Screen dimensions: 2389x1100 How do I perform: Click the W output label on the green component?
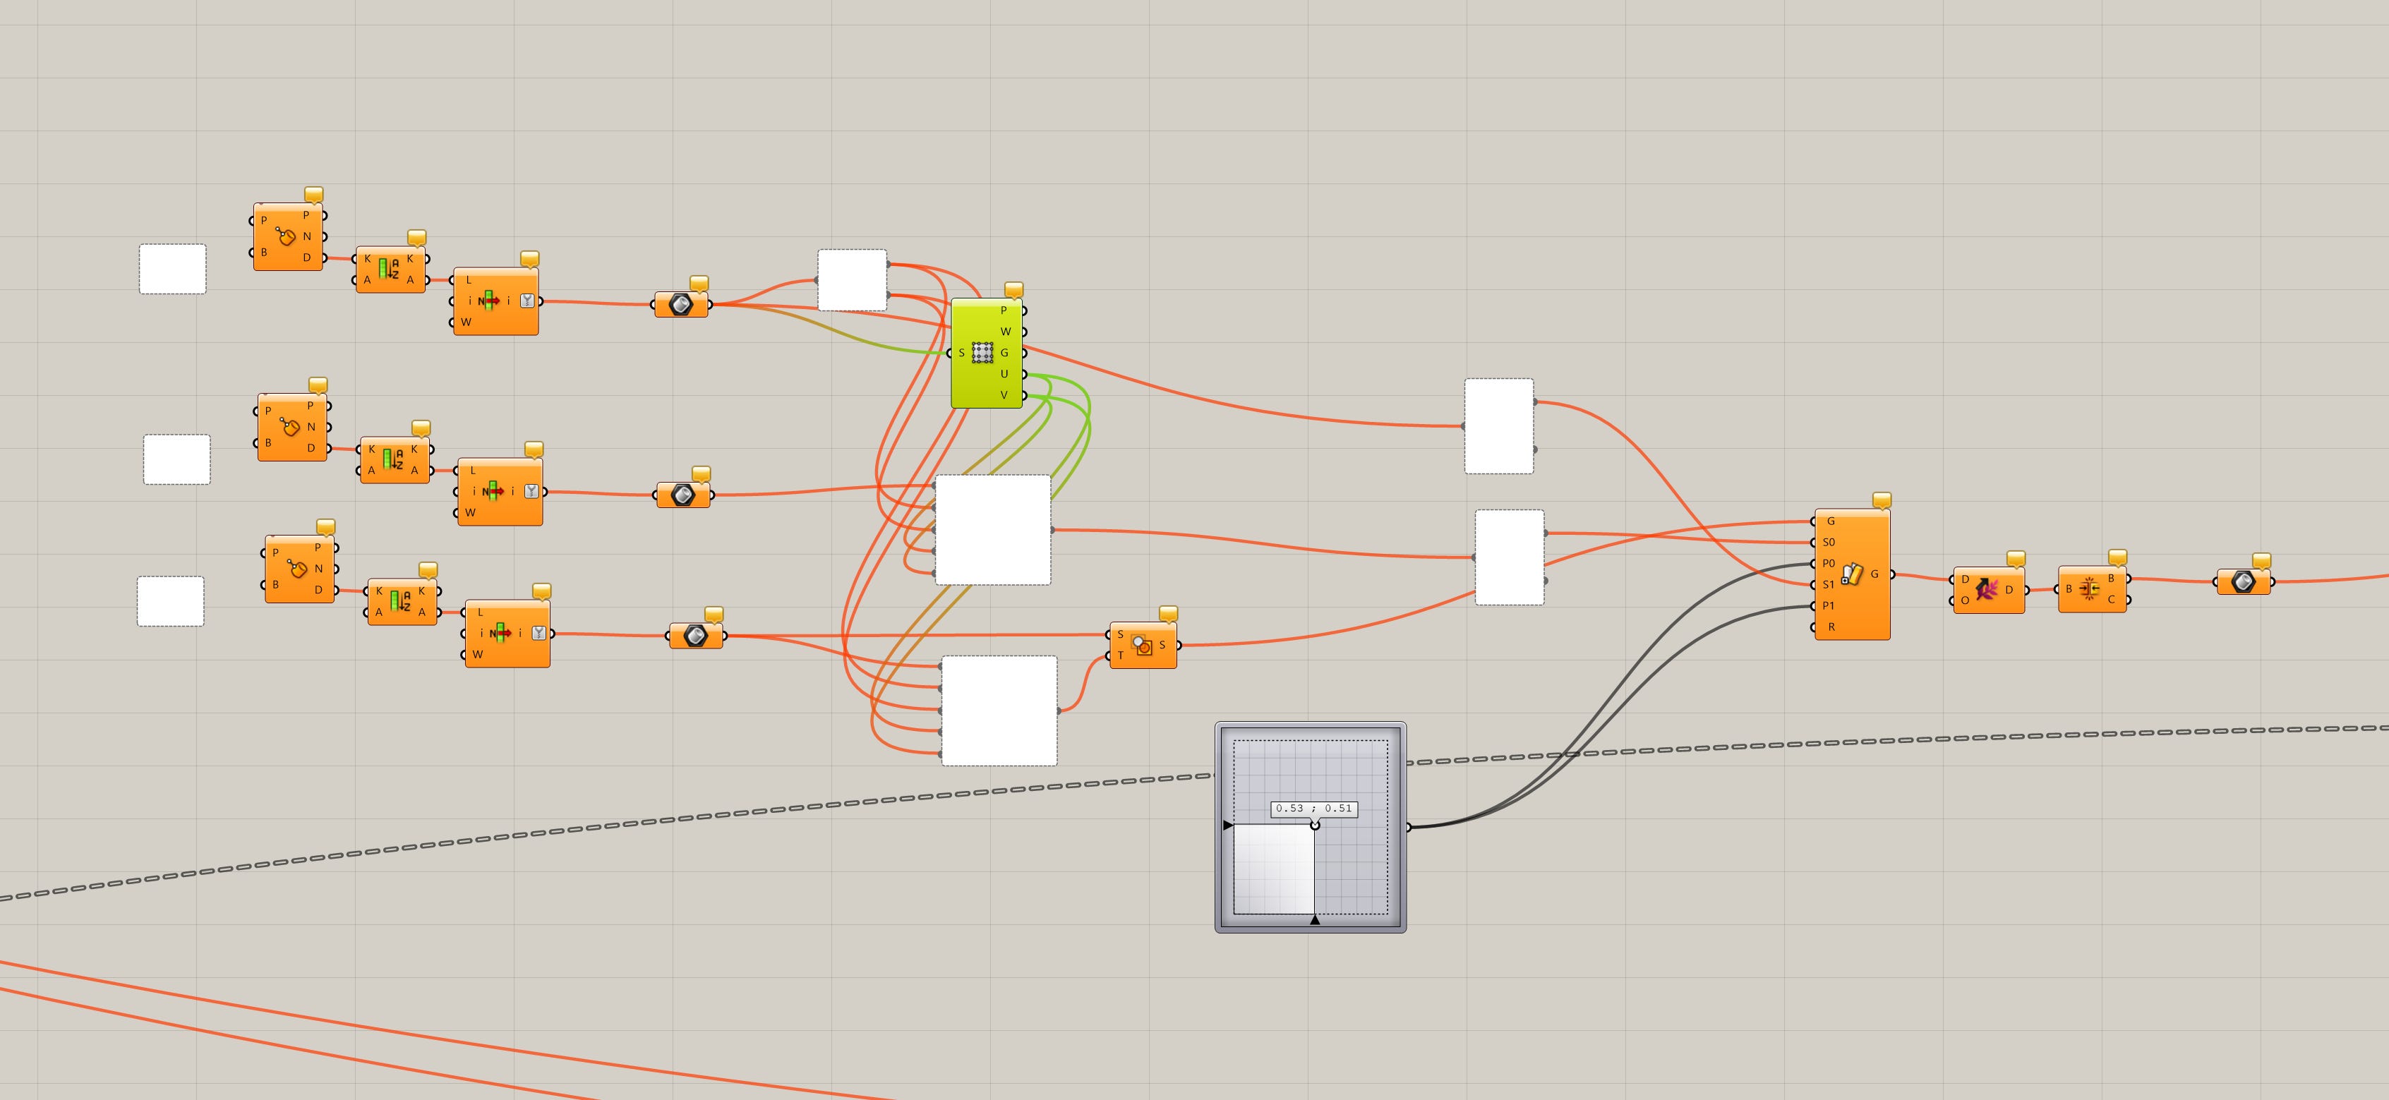tap(1005, 331)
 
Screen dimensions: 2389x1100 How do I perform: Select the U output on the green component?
tap(1004, 374)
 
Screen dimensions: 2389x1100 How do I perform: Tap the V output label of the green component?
tap(1004, 395)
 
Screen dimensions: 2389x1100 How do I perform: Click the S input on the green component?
tap(962, 353)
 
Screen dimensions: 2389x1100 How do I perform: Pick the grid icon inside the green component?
tap(983, 353)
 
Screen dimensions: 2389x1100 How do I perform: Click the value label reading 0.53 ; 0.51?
tap(1313, 809)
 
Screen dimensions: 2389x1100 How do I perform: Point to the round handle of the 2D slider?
tap(1314, 826)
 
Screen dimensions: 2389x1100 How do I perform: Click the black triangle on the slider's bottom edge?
tap(1314, 920)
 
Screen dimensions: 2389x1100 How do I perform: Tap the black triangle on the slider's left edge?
tap(1228, 826)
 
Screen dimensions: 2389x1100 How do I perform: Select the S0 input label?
tap(1829, 543)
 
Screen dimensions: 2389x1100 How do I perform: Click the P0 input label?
tap(1829, 564)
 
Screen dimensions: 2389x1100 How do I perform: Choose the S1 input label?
tap(1829, 585)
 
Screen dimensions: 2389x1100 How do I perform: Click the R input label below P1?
tap(1831, 628)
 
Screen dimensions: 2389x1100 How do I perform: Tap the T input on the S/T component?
tap(1120, 655)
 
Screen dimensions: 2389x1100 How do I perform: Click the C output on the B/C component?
tap(2111, 599)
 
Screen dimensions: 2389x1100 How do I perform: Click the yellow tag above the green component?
tap(1013, 289)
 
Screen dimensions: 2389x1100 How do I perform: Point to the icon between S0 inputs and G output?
tap(1852, 575)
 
